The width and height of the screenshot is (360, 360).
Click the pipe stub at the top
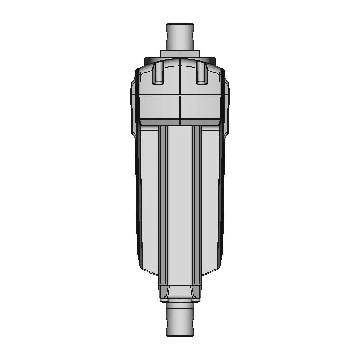(x=180, y=37)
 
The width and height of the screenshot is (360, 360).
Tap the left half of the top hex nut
(x=170, y=53)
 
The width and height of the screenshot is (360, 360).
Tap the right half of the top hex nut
(x=190, y=53)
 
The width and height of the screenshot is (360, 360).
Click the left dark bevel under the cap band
(x=158, y=122)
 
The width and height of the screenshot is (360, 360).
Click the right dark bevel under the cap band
(x=201, y=122)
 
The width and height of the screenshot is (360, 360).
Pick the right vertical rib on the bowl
(x=195, y=204)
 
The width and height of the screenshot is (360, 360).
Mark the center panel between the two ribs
(x=180, y=204)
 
